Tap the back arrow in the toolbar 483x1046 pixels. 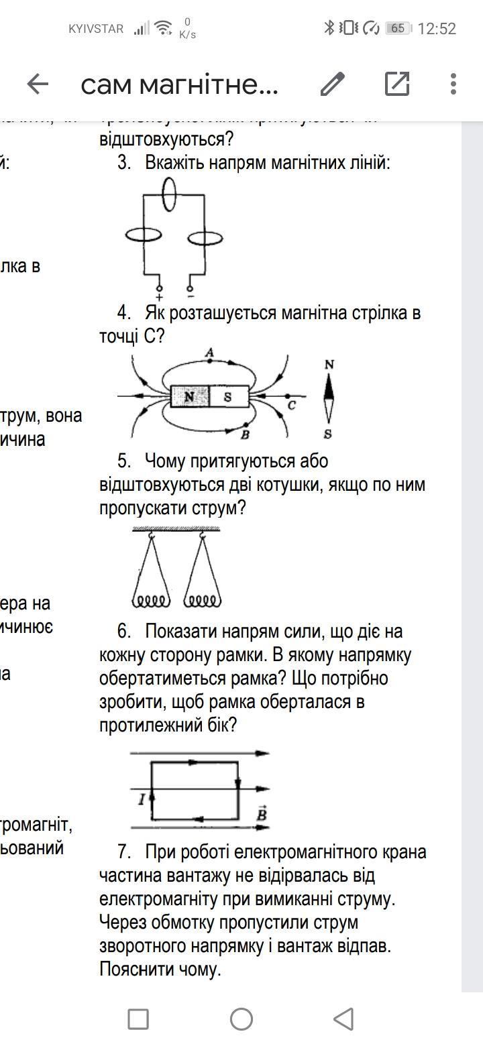point(38,84)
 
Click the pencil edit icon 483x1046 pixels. point(332,84)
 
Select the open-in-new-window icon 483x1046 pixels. point(397,84)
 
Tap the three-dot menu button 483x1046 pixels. point(453,84)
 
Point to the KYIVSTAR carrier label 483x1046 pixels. point(96,29)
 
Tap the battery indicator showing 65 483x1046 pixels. point(398,28)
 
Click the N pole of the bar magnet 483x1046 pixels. point(190,397)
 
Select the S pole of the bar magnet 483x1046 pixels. point(228,397)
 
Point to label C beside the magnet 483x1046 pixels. point(292,406)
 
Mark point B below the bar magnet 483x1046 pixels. point(246,434)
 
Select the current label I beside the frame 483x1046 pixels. point(142,799)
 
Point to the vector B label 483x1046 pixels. point(262,813)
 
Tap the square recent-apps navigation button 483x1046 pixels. point(138,1019)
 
